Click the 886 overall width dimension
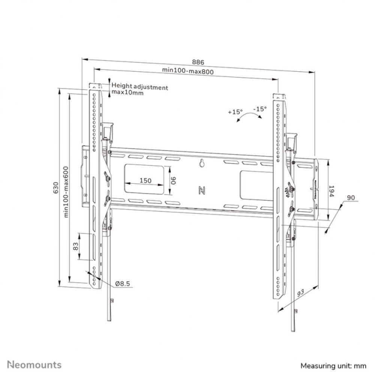pos(198,62)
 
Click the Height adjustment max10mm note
pos(139,90)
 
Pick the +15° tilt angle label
pos(235,112)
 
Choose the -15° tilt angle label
pos(260,109)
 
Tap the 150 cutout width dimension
pos(145,180)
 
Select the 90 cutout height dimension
pos(174,181)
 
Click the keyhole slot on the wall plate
pos(202,163)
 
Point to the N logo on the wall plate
pos(202,190)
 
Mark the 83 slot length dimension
pos(75,246)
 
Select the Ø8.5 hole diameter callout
pos(122,284)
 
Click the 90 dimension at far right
pos(351,198)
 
